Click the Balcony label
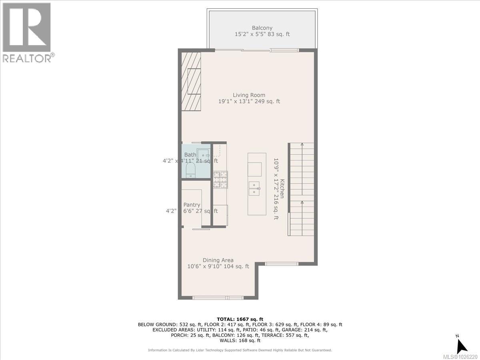tap(262, 28)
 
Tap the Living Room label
tap(249, 95)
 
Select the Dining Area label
tap(218, 260)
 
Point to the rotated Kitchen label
tap(282, 188)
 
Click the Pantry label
tap(192, 205)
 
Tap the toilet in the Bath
tap(190, 170)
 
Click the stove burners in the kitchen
tap(220, 179)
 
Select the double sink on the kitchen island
tap(255, 188)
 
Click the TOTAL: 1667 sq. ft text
tap(240, 318)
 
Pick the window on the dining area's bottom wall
tap(218, 298)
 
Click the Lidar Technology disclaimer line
tap(240, 350)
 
